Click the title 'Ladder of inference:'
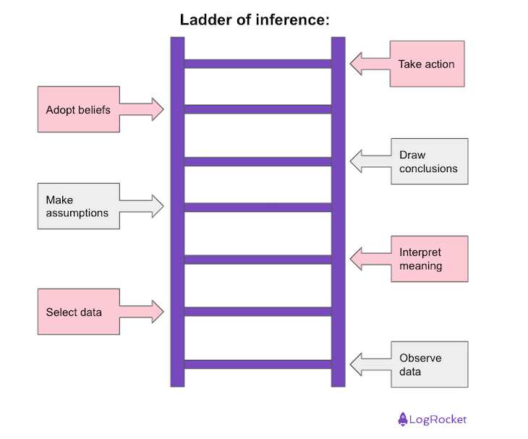255,20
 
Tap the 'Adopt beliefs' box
78,110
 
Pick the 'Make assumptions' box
78,206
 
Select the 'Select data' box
78,312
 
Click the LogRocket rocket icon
403,419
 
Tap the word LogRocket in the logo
439,419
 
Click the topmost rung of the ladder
257,64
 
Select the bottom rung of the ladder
257,364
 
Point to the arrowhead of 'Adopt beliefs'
158,110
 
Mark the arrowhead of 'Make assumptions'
158,206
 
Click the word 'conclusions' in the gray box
428,169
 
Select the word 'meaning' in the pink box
421,266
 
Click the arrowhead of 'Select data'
158,312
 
